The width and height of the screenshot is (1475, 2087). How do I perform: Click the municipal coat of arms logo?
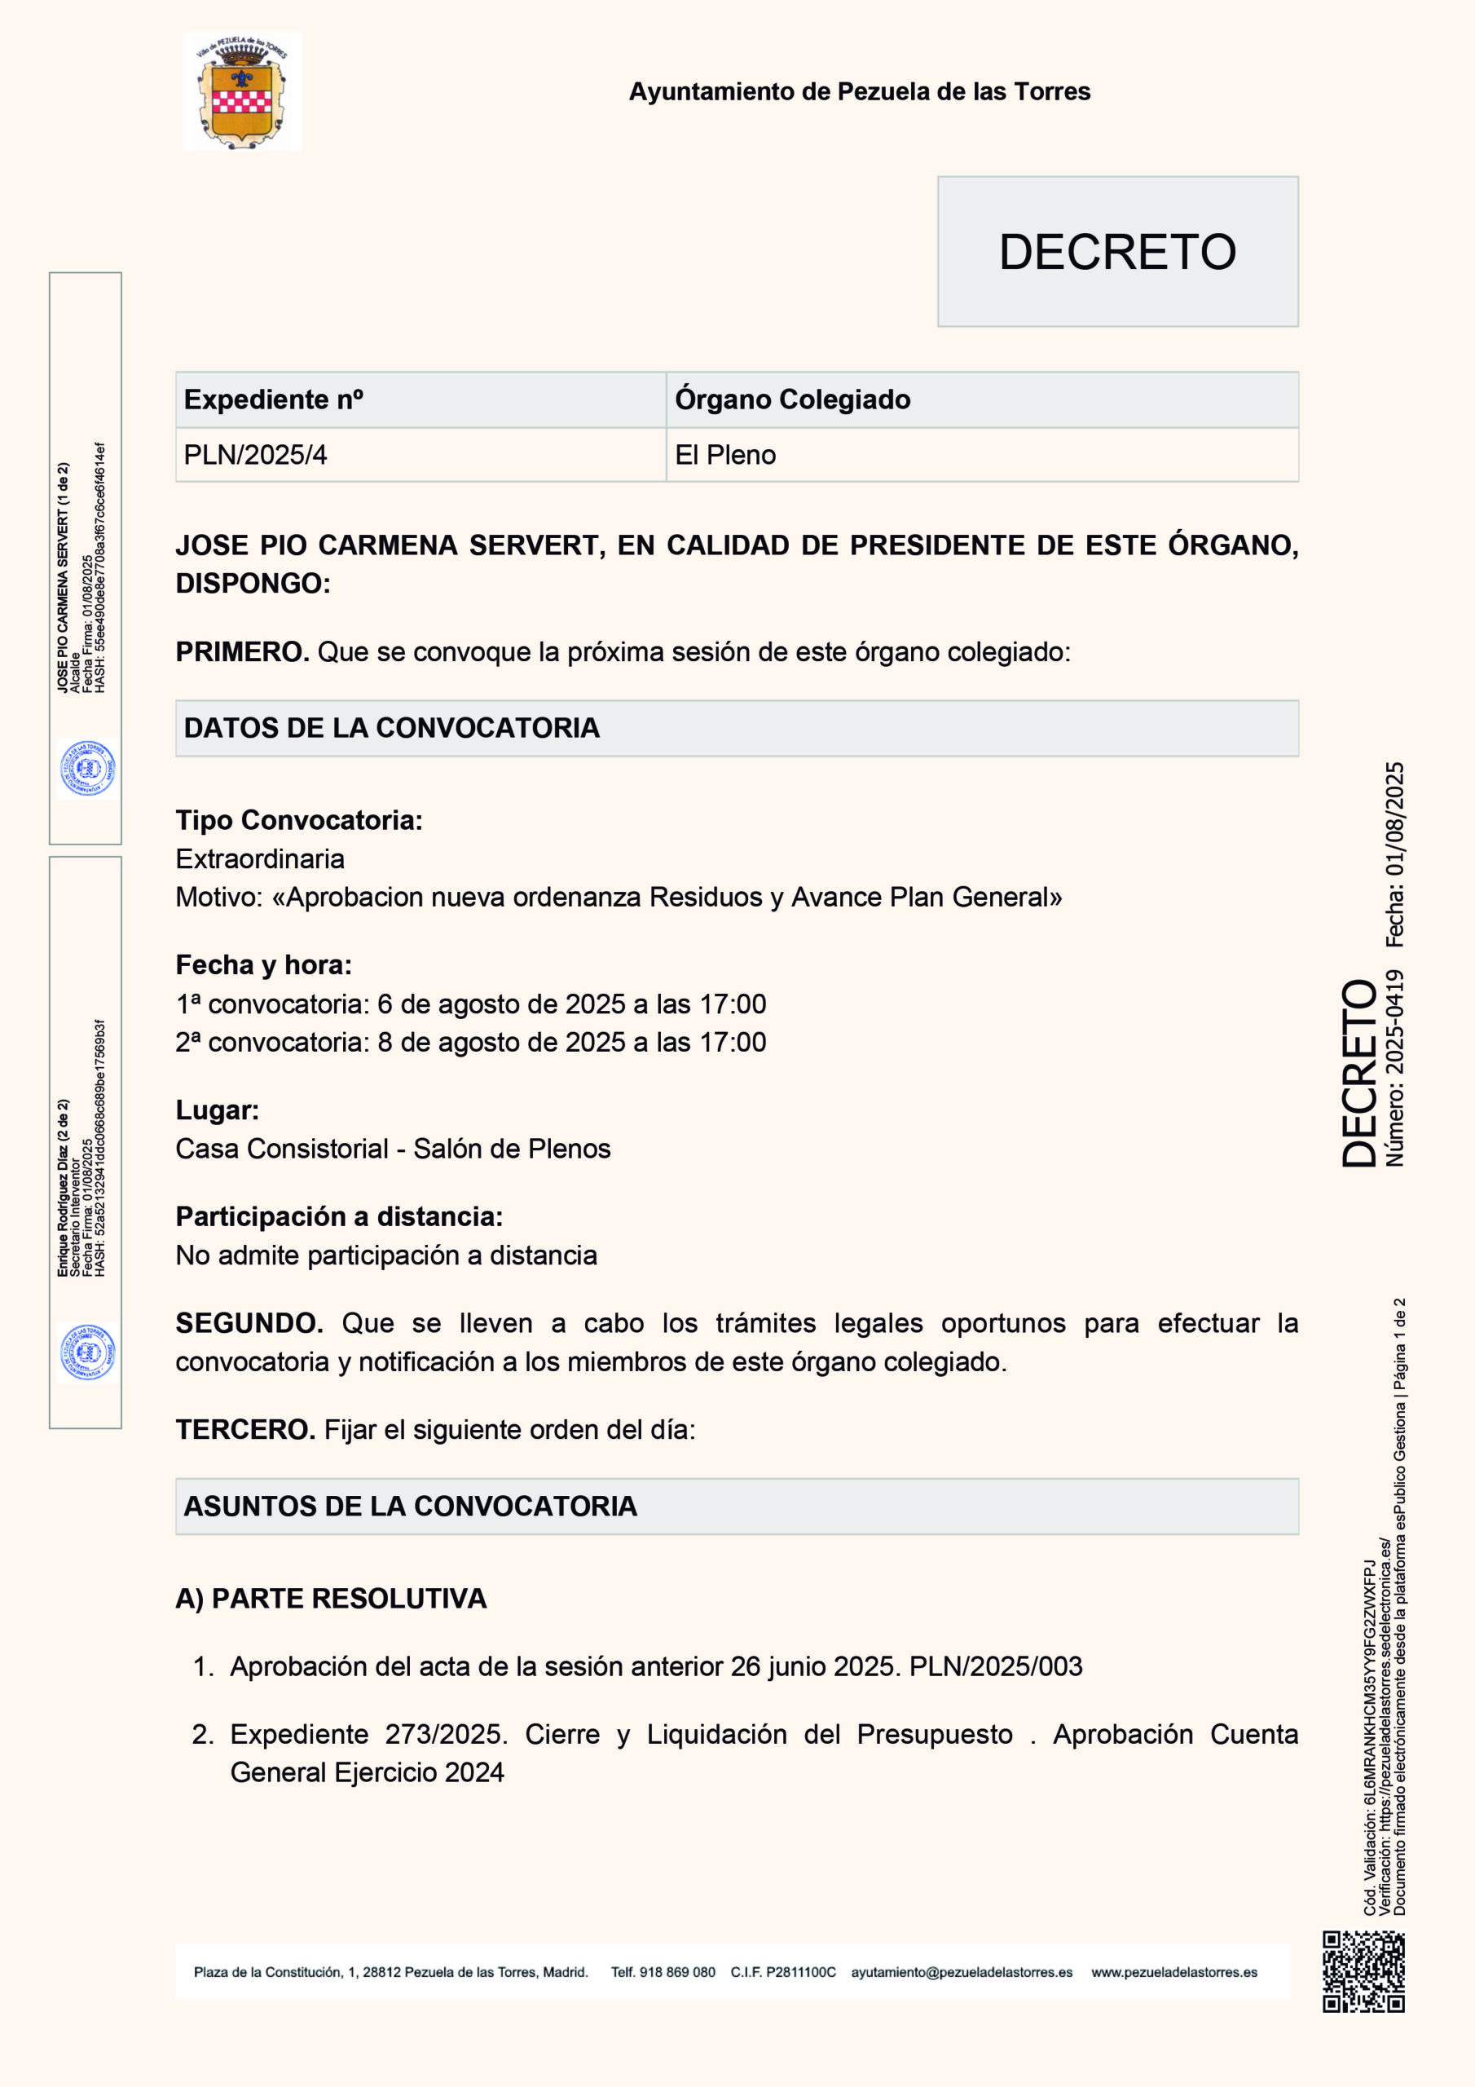pos(242,92)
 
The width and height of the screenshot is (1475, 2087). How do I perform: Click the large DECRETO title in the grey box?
pos(1117,252)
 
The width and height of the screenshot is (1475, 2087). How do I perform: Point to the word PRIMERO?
pos(242,651)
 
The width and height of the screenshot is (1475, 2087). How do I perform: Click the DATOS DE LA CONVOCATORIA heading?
pos(392,728)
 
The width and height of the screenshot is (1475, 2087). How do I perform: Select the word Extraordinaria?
pos(260,859)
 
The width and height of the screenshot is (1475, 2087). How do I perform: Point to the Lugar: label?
pos(218,1110)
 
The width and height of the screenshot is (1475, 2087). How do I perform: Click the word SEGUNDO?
pos(249,1322)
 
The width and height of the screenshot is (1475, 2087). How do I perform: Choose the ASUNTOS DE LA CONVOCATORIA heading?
pos(410,1507)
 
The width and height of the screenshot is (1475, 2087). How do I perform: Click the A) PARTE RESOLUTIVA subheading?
pos(331,1598)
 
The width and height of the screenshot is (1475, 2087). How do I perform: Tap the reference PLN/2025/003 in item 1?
pos(995,1666)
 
